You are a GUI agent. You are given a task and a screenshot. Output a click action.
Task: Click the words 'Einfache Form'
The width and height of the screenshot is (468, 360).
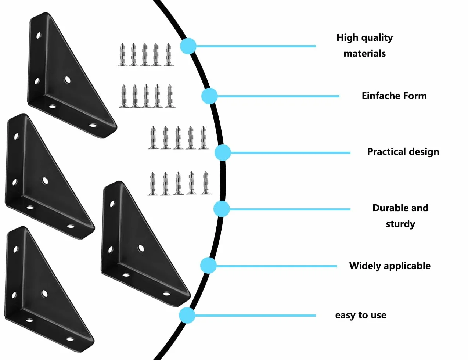[394, 96]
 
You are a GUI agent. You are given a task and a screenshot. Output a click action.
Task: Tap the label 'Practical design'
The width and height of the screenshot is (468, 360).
[403, 152]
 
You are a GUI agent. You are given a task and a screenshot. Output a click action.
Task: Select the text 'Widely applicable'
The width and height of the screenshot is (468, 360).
[390, 266]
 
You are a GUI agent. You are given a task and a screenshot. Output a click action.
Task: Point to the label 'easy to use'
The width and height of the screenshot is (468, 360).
[361, 315]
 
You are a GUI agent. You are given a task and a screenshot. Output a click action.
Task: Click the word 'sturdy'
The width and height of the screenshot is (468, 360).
[400, 224]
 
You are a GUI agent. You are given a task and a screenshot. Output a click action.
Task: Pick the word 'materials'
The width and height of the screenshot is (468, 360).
[365, 54]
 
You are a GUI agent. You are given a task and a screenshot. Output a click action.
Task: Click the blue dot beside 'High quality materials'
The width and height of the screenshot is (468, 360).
[188, 46]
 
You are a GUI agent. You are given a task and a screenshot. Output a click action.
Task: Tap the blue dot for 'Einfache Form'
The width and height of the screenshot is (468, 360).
[209, 96]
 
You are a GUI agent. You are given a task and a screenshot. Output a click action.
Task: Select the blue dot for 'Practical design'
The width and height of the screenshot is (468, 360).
[223, 153]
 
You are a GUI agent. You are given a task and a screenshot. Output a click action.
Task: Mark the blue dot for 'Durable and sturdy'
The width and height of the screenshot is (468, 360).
[222, 209]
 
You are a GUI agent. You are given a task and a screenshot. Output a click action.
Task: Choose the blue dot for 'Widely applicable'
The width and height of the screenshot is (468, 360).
[208, 266]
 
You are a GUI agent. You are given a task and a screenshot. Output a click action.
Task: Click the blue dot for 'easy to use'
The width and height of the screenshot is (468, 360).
[187, 315]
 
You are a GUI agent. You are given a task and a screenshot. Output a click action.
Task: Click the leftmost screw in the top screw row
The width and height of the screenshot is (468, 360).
[123, 55]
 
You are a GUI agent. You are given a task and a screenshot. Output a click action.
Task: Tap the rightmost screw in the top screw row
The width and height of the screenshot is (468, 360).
[168, 54]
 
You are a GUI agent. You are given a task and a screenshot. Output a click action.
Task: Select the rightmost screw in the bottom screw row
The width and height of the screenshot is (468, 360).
[206, 183]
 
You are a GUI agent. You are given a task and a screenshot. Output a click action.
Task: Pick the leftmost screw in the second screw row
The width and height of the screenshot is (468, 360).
[124, 96]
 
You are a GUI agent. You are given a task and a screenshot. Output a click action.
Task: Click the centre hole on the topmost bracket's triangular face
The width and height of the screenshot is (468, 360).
[68, 80]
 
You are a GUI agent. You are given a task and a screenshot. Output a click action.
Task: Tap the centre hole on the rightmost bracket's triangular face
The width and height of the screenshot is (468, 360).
[141, 248]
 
